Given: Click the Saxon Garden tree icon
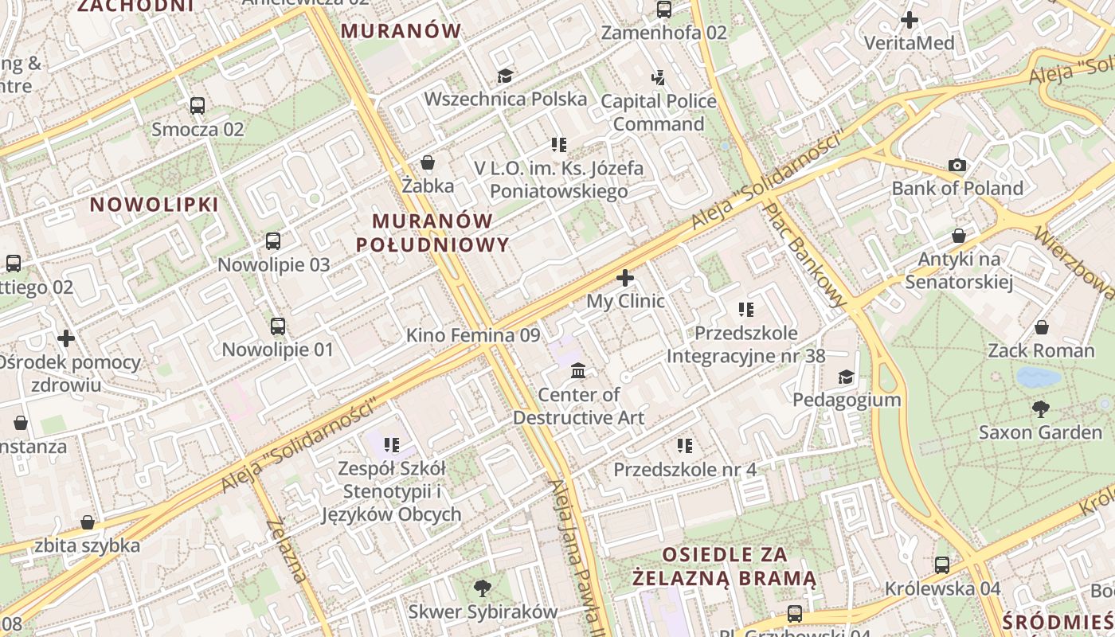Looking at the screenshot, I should (x=1040, y=409).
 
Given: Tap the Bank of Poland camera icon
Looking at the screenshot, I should (x=957, y=166).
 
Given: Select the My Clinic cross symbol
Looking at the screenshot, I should (x=625, y=278).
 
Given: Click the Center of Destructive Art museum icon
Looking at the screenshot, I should (x=579, y=371).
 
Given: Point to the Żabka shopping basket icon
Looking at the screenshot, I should (x=428, y=162).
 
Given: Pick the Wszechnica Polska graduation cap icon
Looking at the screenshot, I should (x=505, y=76).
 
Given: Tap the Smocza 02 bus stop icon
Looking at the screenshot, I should (x=198, y=105).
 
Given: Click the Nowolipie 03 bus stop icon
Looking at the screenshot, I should (x=273, y=240).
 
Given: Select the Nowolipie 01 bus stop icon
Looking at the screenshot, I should (x=277, y=326).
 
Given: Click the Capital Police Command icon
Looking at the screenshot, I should (x=658, y=78).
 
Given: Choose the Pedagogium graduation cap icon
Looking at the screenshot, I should (x=846, y=377).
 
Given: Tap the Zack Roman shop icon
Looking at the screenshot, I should (x=1041, y=327).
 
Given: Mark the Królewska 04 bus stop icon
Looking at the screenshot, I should (x=942, y=565).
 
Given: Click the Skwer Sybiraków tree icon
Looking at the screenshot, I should (x=482, y=588).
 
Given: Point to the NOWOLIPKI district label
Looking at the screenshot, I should (x=154, y=205).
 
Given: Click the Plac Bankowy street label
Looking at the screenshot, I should (x=804, y=254).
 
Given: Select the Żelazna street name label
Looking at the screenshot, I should (x=287, y=549).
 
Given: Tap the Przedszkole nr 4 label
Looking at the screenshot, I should (x=685, y=470).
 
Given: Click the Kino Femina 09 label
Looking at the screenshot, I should (x=473, y=335).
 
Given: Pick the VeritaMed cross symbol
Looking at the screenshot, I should (x=909, y=20).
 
